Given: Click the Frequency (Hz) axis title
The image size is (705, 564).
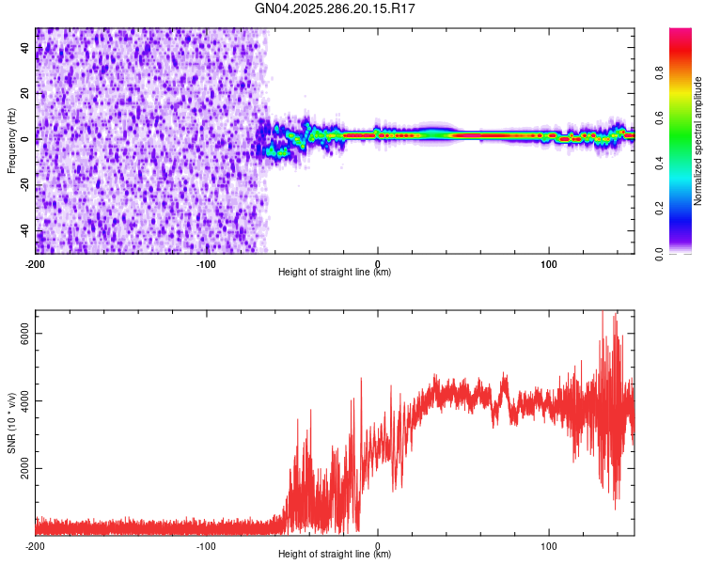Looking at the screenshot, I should point(11,141).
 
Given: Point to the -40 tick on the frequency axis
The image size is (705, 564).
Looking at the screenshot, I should point(26,230).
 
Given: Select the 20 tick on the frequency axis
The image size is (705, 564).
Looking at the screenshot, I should point(26,93).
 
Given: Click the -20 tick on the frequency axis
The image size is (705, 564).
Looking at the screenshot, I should point(26,184).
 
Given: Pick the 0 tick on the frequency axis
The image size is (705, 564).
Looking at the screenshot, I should point(26,139).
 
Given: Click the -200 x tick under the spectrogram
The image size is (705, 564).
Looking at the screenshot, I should point(36,262).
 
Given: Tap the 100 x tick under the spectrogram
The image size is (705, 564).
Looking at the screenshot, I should point(549,262).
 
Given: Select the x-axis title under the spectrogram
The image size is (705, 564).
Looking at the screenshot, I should point(335,273).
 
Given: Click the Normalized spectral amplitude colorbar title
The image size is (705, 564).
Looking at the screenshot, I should point(697,141).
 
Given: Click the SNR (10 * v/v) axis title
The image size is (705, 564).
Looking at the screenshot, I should point(11,422).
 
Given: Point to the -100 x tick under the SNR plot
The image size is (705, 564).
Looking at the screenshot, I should point(207,544).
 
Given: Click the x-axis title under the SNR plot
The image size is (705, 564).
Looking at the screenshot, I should point(335,555).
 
